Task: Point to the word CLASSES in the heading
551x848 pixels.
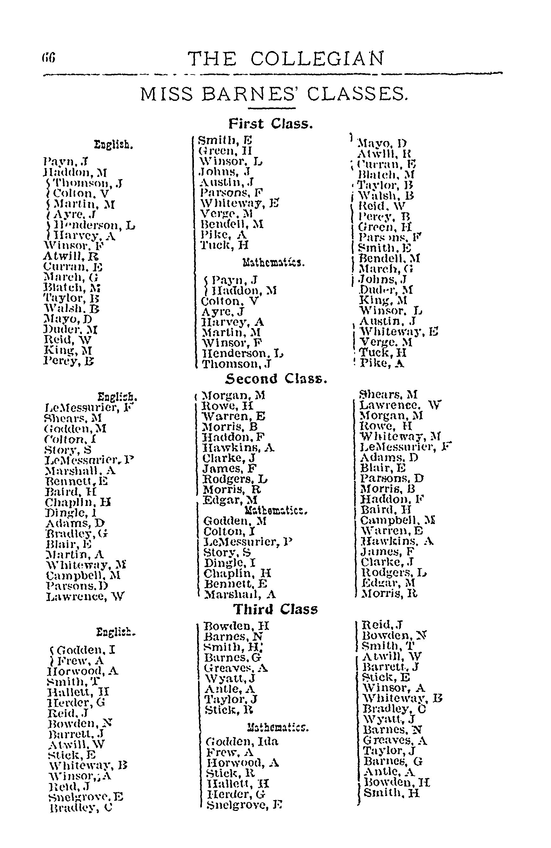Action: (357, 94)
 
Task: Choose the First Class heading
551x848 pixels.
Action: (271, 124)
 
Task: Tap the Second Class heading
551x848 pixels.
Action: (276, 379)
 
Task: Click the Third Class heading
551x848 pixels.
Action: (275, 609)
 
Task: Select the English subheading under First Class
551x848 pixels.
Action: (113, 145)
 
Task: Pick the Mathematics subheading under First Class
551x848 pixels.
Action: (273, 263)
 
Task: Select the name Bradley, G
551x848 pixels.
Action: (77, 534)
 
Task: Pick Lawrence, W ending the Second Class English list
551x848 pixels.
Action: (85, 596)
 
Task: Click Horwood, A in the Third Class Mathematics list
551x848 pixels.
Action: (242, 762)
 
